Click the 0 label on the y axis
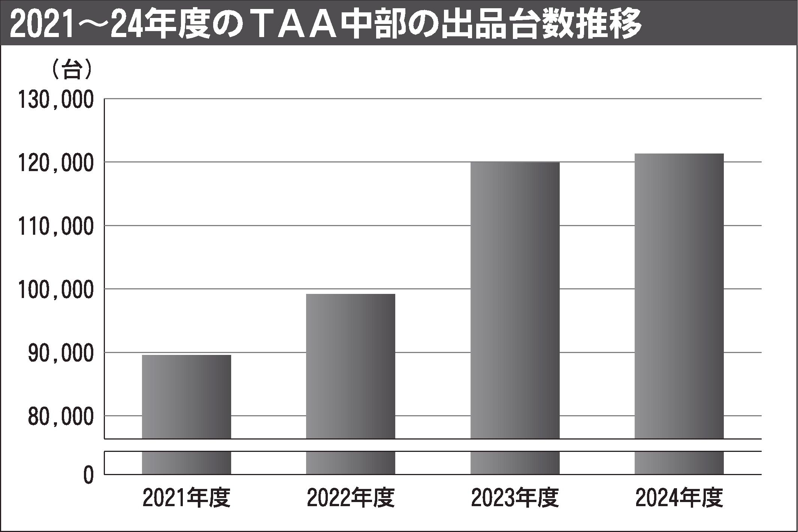(x=88, y=475)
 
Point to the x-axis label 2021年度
(x=186, y=498)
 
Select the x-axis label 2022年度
(x=350, y=498)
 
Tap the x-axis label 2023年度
(x=515, y=498)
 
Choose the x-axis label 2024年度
(x=679, y=498)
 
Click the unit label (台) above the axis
(x=72, y=70)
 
